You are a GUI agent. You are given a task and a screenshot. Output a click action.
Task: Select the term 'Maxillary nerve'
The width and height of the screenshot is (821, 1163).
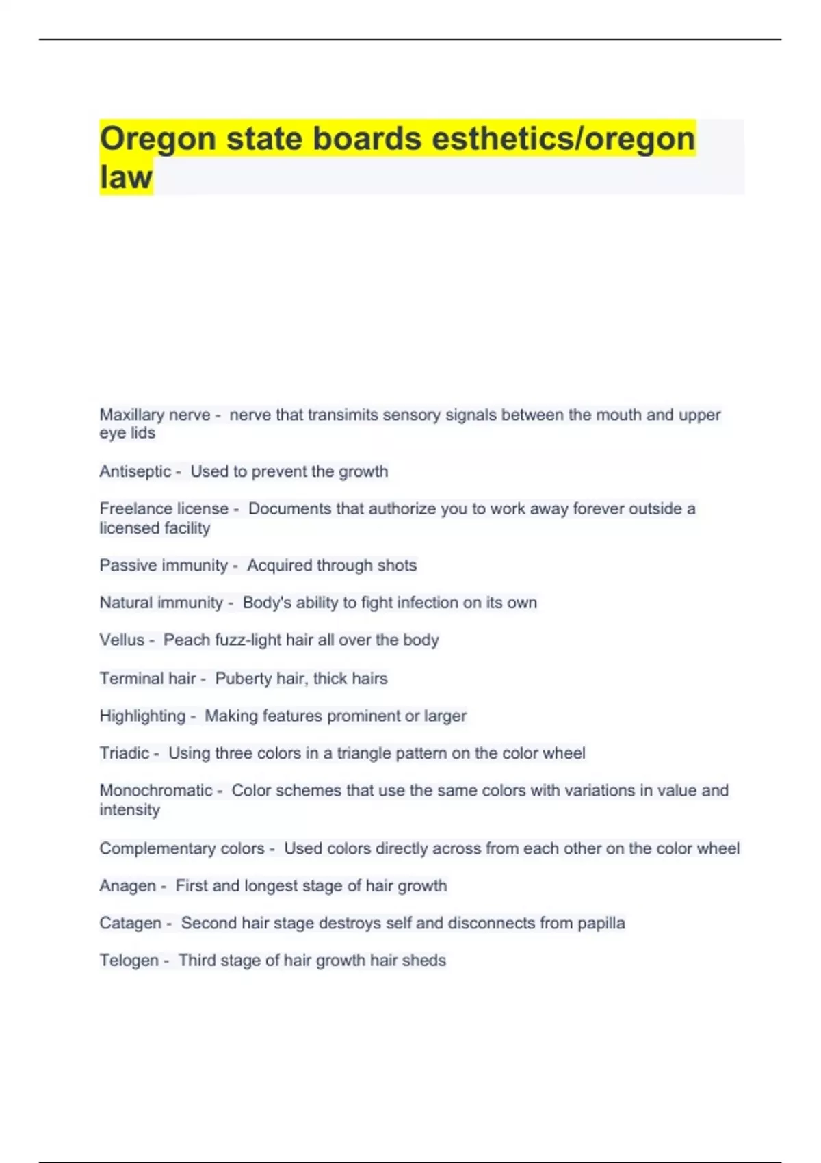pyautogui.click(x=155, y=415)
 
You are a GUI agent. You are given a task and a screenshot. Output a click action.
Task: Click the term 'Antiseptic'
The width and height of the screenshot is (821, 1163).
pyautogui.click(x=135, y=471)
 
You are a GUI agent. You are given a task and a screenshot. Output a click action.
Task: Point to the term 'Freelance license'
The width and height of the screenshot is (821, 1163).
pyautogui.click(x=164, y=508)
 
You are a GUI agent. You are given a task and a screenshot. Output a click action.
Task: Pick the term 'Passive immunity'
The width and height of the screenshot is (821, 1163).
pyautogui.click(x=163, y=565)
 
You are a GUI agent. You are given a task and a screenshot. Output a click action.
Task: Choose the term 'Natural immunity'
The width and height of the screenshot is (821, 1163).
pyautogui.click(x=161, y=603)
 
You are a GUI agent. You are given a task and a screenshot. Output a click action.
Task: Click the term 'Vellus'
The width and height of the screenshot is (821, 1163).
pyautogui.click(x=122, y=640)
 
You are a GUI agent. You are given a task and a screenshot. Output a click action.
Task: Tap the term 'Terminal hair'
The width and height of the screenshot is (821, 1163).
pyautogui.click(x=147, y=679)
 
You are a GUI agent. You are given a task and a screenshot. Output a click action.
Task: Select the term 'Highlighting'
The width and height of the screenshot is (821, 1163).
pyautogui.click(x=142, y=716)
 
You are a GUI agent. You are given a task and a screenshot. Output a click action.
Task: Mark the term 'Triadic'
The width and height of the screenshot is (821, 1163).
pyautogui.click(x=124, y=753)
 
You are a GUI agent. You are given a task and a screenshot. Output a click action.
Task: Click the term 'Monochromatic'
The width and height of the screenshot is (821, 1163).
pyautogui.click(x=155, y=790)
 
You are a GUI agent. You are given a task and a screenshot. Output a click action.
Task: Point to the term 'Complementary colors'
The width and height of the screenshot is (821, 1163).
pyautogui.click(x=181, y=848)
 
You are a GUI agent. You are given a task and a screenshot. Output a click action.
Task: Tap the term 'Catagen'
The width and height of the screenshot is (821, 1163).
pyautogui.click(x=130, y=923)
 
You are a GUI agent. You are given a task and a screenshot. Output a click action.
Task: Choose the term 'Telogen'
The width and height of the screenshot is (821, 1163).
pyautogui.click(x=129, y=961)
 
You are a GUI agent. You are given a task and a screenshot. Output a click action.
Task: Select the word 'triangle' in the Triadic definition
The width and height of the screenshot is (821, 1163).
pyautogui.click(x=365, y=753)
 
